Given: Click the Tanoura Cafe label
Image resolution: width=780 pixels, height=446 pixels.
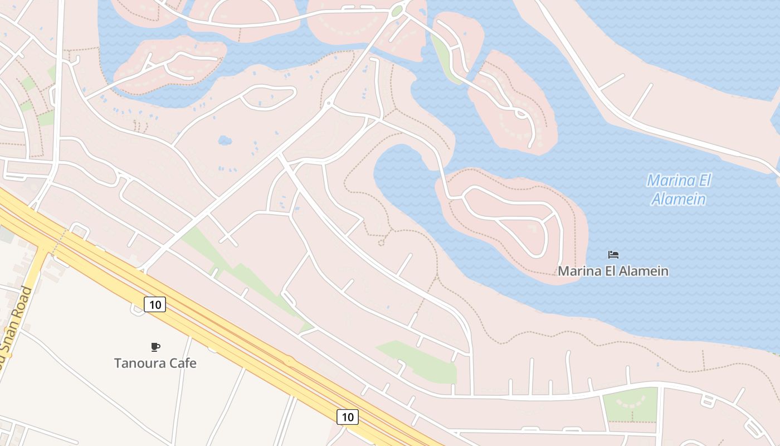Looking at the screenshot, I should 155,363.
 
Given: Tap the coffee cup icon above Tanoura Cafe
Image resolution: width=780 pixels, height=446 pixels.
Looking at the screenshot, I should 155,347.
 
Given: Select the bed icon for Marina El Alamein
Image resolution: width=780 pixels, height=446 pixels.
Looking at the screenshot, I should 613,255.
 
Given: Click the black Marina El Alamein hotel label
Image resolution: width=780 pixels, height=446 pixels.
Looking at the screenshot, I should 613,271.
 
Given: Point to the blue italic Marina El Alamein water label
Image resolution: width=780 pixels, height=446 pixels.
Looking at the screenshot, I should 679,190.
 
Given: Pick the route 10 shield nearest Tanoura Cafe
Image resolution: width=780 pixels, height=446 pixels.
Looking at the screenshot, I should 155,304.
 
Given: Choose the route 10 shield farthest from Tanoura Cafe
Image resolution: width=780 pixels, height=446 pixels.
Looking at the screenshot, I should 347,416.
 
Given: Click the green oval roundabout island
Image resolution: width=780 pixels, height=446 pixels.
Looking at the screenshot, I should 397,11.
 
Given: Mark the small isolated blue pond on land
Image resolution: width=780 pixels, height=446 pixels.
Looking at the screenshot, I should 225,140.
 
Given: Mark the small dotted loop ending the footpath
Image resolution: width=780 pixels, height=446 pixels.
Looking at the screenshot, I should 382,243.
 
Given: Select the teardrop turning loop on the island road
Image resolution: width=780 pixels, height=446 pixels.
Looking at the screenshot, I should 522,114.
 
